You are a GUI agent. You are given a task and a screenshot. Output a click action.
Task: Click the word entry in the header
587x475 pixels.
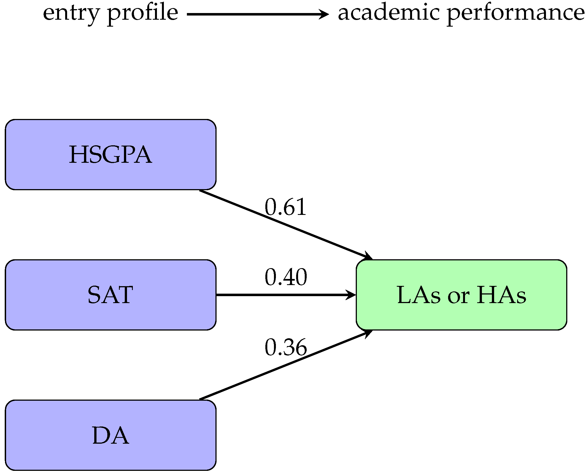[x=70, y=14]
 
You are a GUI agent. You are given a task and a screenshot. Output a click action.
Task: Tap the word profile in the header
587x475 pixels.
[x=142, y=14]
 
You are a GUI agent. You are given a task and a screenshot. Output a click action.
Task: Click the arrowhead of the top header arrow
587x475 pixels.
[x=324, y=14]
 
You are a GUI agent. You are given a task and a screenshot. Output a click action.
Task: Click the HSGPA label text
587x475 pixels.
[x=110, y=155]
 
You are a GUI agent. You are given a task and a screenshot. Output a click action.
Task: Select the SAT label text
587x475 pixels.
[x=110, y=295]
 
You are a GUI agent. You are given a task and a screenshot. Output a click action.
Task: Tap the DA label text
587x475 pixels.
[x=110, y=435]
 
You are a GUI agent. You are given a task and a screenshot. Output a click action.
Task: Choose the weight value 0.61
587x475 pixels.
[x=286, y=207]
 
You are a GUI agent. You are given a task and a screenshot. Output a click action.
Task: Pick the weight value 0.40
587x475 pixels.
[x=286, y=277]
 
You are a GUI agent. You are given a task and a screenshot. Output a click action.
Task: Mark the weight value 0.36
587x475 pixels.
[x=286, y=347]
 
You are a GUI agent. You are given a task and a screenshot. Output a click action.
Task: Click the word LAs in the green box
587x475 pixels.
[x=419, y=295]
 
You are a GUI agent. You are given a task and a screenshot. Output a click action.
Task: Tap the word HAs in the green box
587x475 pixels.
[x=501, y=295]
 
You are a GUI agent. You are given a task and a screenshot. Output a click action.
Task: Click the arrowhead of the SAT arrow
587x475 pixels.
[x=352, y=295]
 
